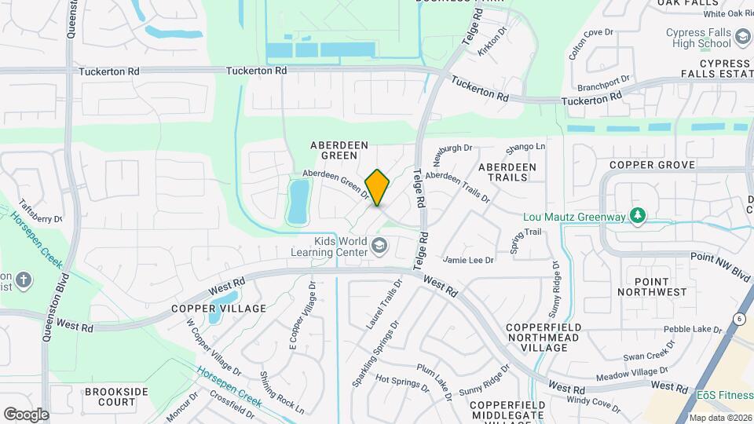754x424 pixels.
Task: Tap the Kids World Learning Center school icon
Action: [x=380, y=247]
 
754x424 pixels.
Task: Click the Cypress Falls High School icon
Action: [x=741, y=37]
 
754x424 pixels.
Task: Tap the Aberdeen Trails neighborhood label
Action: [x=507, y=172]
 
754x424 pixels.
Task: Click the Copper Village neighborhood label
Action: [x=225, y=309]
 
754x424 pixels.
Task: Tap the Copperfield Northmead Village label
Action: [x=544, y=336]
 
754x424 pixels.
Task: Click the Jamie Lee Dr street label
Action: [x=468, y=260]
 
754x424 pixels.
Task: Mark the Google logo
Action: [x=26, y=414]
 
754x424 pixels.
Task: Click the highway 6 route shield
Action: [x=739, y=318]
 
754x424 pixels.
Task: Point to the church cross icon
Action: [x=24, y=280]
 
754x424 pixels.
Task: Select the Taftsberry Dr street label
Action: [x=40, y=210]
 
